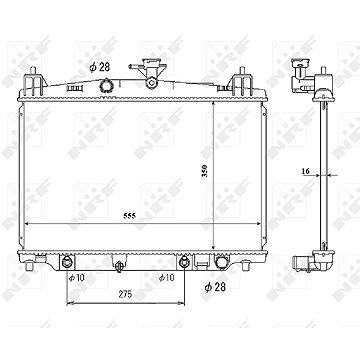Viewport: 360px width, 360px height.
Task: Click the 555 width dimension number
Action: click(x=129, y=216)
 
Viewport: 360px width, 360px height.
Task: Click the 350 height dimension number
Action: click(x=205, y=170)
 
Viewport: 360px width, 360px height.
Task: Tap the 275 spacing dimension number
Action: click(x=125, y=294)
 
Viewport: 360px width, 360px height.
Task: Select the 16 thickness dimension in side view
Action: click(x=305, y=171)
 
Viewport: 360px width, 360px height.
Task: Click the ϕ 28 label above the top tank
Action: click(x=99, y=67)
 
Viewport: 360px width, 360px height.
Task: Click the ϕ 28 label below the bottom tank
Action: click(x=215, y=287)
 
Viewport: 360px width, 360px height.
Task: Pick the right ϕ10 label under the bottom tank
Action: click(x=166, y=277)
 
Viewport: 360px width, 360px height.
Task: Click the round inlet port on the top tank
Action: click(x=106, y=85)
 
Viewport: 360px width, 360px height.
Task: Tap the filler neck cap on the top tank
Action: click(x=151, y=62)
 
